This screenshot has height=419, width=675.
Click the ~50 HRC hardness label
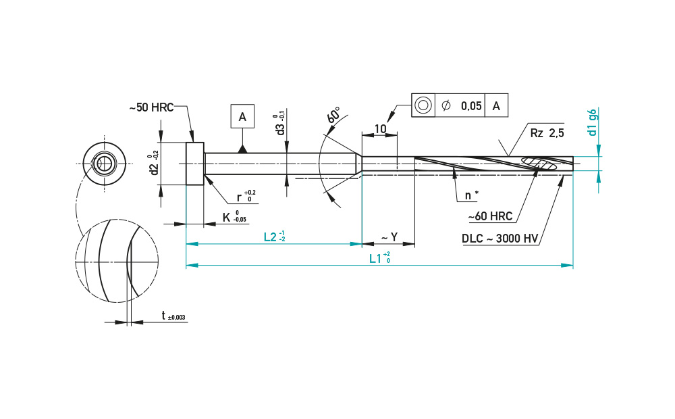pos(151,107)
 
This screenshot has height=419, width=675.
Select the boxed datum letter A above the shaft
pos(242,116)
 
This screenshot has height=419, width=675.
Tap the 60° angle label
pos(334,115)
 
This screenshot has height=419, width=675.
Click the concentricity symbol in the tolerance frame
pos(423,105)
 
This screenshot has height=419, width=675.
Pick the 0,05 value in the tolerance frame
pos(471,105)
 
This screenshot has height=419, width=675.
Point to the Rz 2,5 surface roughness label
pos(547,133)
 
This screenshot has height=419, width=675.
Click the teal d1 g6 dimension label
pos(593,122)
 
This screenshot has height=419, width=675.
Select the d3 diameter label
pos(281,124)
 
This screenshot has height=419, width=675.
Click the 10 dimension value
pos(380,129)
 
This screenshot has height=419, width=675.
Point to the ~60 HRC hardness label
pos(490,216)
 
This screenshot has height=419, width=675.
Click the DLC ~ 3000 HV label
pos(500,239)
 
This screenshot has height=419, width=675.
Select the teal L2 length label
pos(275,237)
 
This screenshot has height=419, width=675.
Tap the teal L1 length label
pos(379,257)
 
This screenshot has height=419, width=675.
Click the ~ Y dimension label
pos(389,237)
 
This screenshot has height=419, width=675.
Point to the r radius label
pos(246,197)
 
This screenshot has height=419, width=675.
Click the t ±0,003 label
pos(173,316)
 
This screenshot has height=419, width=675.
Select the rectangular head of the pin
pos(195,164)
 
